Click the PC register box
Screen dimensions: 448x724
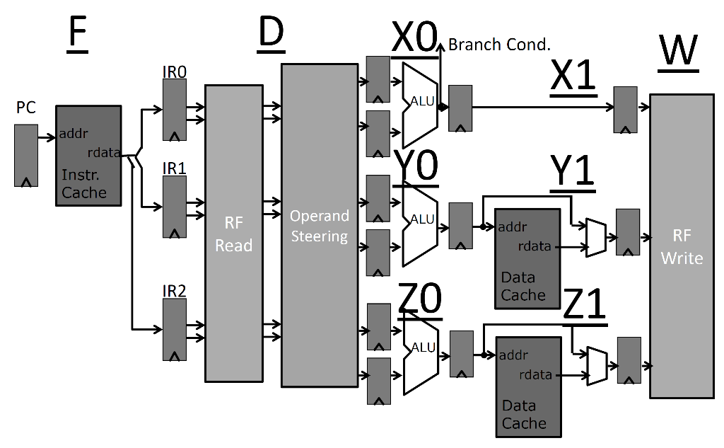click(26, 155)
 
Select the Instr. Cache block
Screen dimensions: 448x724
click(88, 156)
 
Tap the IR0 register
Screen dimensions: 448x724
click(175, 110)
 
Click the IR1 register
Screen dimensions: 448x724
click(175, 207)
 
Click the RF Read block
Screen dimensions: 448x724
click(233, 233)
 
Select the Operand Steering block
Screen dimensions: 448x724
click(320, 225)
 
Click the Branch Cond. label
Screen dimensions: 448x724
click(499, 45)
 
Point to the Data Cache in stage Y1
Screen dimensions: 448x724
click(527, 258)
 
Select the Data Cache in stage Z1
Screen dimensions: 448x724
click(529, 386)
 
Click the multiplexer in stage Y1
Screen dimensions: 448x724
click(595, 236)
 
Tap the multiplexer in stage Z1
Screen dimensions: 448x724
click(597, 365)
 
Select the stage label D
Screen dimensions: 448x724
click(271, 35)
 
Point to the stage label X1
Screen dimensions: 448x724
click(573, 79)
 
